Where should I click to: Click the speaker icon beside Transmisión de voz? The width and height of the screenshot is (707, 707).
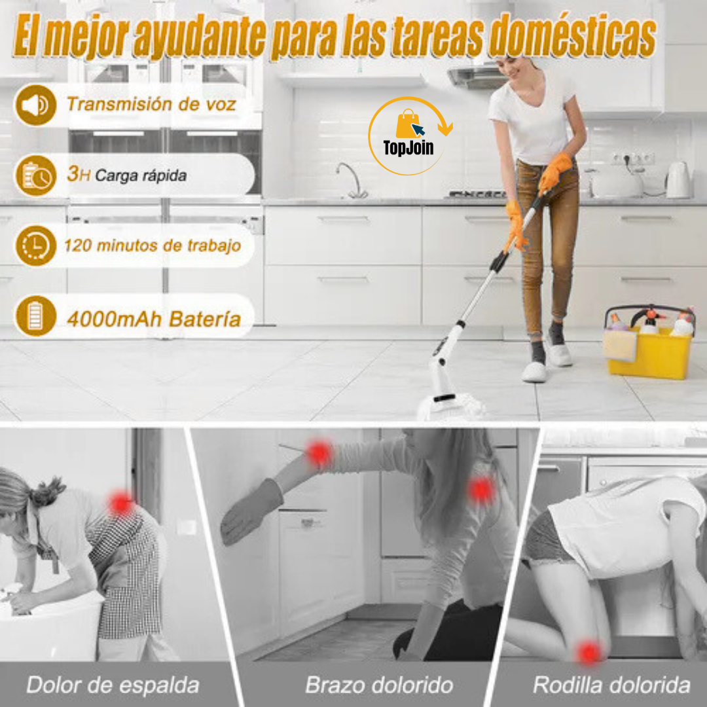click(x=35, y=105)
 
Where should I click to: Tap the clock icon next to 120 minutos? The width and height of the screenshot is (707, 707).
click(x=35, y=245)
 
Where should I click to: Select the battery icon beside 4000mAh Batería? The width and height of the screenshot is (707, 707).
click(x=35, y=316)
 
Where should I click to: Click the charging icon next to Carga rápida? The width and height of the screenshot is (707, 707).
click(x=35, y=175)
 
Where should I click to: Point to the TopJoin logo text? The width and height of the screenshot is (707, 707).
click(x=408, y=148)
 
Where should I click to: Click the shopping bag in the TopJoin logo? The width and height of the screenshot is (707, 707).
click(x=407, y=124)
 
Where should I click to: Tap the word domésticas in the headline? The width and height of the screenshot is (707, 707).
click(x=573, y=36)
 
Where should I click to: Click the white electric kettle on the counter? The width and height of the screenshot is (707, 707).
click(x=678, y=180)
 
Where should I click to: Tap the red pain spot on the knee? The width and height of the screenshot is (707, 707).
click(x=589, y=651)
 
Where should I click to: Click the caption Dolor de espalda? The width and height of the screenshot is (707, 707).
click(x=113, y=685)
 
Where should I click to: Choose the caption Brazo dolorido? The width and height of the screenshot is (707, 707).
click(x=379, y=685)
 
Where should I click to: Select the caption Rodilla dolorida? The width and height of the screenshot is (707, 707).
click(x=611, y=685)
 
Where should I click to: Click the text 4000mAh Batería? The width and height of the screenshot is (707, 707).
click(x=154, y=319)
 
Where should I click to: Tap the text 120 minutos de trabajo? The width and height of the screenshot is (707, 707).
click(x=153, y=245)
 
